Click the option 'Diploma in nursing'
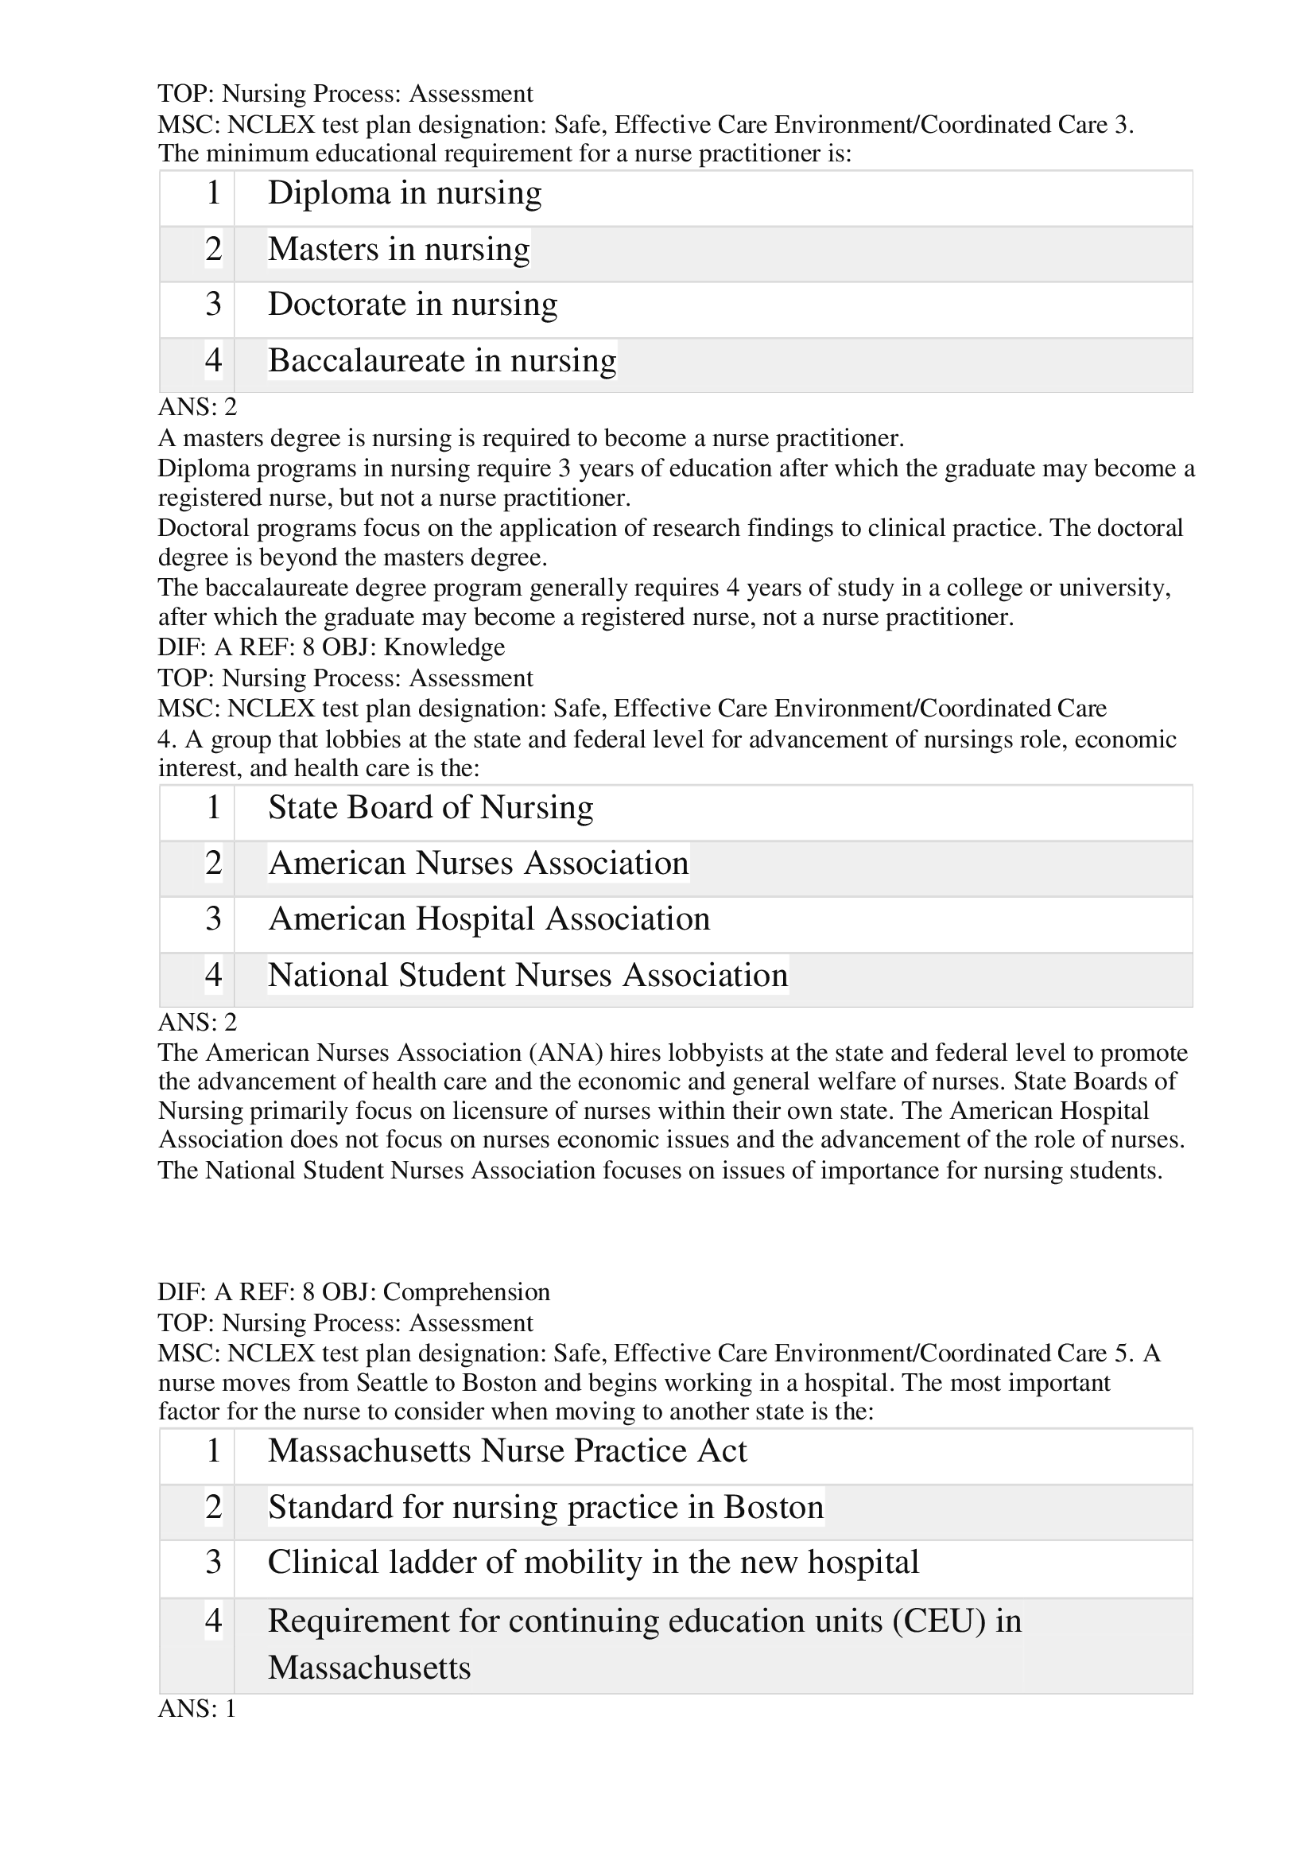point(404,193)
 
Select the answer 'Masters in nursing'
point(398,250)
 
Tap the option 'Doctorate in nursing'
point(412,305)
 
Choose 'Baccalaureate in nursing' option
point(441,360)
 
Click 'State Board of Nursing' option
point(430,808)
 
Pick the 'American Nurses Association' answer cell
point(478,864)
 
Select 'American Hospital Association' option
point(488,919)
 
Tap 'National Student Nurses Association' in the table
point(527,976)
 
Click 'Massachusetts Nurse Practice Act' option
point(507,1451)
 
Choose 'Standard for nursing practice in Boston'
point(545,1508)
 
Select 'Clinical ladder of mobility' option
point(593,1563)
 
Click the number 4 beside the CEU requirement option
point(213,1621)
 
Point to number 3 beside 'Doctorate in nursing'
point(213,305)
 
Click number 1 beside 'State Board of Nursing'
point(213,808)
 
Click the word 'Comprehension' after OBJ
point(467,1292)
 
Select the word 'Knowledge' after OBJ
point(444,647)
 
